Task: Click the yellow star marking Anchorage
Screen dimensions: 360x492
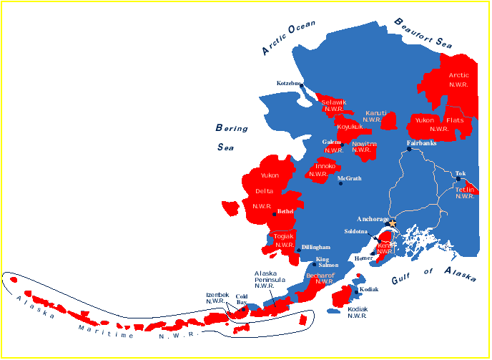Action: (391, 223)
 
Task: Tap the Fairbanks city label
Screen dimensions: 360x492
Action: (422, 142)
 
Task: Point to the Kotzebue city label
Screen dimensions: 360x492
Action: (290, 84)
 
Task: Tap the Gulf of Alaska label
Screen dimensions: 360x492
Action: (433, 275)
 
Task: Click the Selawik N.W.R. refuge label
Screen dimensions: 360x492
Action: (334, 106)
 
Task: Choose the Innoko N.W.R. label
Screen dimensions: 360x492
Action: (320, 170)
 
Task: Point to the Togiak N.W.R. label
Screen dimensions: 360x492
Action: (285, 240)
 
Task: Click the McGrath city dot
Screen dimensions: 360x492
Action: (340, 183)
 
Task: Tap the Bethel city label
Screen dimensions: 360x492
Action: (285, 211)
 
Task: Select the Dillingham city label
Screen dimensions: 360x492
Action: (316, 247)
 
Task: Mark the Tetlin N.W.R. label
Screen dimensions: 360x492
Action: (466, 193)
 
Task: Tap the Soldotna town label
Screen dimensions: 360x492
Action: (355, 231)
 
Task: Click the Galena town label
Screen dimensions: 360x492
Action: (331, 142)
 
